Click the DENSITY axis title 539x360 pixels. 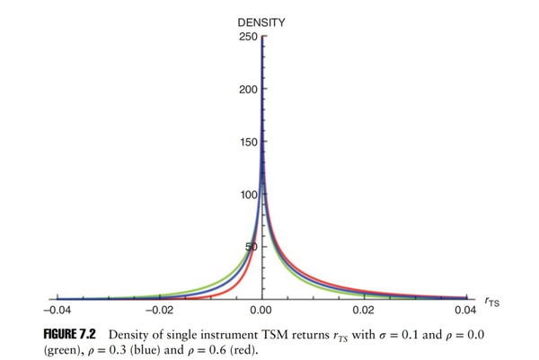(261, 22)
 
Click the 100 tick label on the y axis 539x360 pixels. (247, 194)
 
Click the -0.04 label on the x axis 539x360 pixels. (57, 311)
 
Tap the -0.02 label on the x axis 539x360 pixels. (158, 311)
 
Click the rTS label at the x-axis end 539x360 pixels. (489, 303)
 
